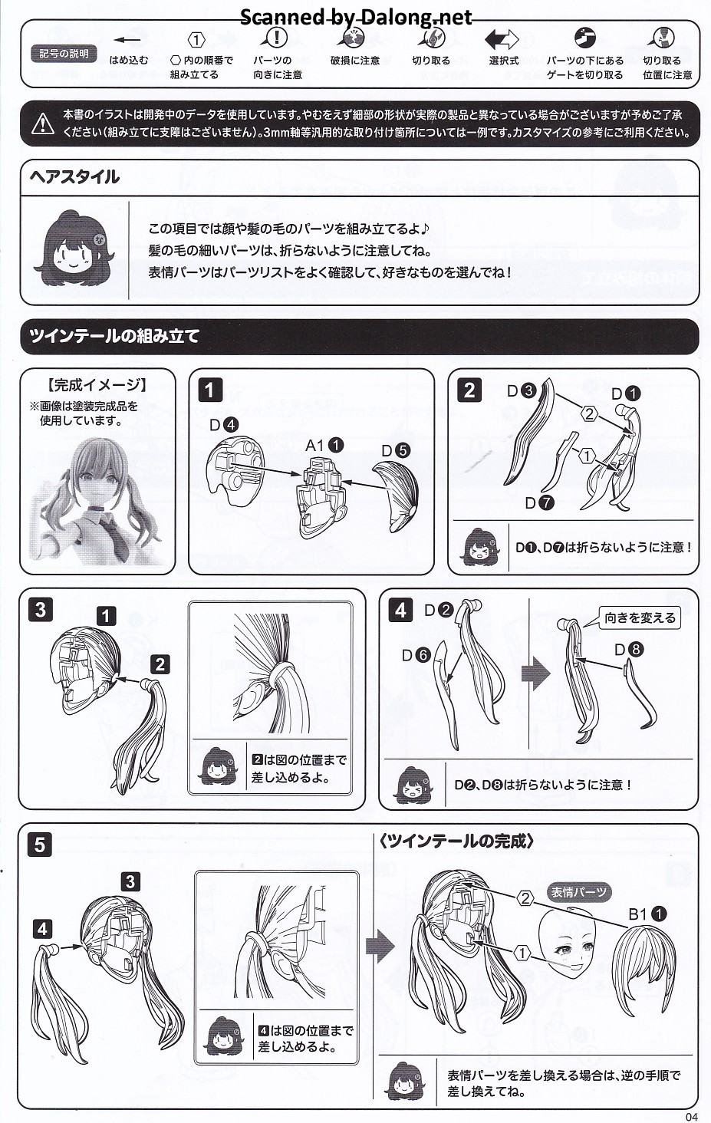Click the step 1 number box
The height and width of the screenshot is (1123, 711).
point(210,390)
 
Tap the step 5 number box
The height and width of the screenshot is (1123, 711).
point(40,845)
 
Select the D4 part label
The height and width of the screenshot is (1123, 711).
point(224,425)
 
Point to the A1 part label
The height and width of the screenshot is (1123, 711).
point(324,445)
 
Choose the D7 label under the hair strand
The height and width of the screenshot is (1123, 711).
point(539,502)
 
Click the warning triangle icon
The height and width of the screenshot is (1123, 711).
point(43,123)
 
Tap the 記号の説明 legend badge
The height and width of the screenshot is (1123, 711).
point(63,54)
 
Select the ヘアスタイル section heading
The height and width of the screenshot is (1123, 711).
point(74,176)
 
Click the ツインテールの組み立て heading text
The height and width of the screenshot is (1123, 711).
point(114,335)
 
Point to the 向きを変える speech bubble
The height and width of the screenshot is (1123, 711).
point(640,617)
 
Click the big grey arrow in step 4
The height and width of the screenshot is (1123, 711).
point(536,673)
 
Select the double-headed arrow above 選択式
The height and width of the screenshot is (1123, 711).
point(502,40)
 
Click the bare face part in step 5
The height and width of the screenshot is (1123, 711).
point(567,942)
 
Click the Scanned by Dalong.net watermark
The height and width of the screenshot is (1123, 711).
point(356,17)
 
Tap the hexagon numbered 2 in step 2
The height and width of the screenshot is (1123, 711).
point(590,413)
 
